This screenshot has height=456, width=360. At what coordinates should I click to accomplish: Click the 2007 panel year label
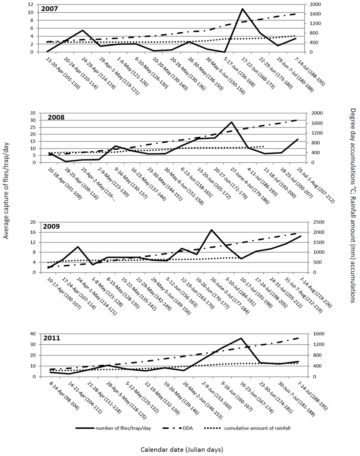(x=50, y=8)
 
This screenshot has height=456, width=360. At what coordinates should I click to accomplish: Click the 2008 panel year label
(x=56, y=117)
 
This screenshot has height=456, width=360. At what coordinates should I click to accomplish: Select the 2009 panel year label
(x=51, y=226)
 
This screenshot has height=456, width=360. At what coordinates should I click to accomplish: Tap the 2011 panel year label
(x=52, y=338)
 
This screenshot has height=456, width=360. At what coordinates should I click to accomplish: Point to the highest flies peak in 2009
(x=211, y=230)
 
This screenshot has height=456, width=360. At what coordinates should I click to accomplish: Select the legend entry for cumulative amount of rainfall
(x=257, y=428)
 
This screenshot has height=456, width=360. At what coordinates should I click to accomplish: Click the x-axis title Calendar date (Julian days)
(x=182, y=449)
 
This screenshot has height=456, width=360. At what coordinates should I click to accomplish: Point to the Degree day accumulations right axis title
(x=353, y=206)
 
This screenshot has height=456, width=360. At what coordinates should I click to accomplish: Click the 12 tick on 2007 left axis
(x=31, y=4)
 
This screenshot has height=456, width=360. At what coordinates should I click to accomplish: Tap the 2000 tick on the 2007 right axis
(x=316, y=4)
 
